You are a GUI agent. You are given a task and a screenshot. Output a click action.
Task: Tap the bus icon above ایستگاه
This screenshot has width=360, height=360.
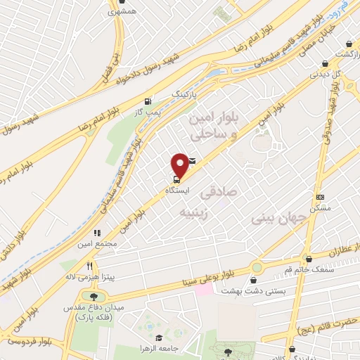[x=176, y=177]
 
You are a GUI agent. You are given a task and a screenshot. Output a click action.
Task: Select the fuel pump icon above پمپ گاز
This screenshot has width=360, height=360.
[x=146, y=99]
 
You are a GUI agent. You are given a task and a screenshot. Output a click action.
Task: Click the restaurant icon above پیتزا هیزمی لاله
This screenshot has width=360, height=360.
[x=89, y=266]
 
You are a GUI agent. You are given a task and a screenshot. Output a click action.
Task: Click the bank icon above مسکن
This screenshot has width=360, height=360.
[x=321, y=197]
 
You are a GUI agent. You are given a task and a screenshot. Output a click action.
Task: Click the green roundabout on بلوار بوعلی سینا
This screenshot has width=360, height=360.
[x=257, y=268]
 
